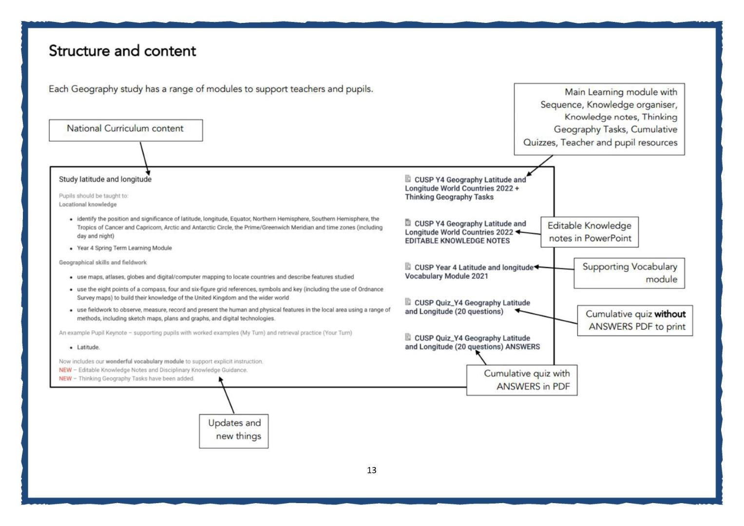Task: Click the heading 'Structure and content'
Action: tap(122, 51)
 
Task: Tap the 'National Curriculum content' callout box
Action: tap(126, 130)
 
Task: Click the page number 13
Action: tap(372, 470)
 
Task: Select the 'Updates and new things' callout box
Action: tap(234, 431)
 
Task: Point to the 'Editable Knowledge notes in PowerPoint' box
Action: tap(590, 232)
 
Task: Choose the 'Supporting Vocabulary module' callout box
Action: tap(630, 273)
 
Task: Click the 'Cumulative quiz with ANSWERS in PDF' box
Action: tap(522, 380)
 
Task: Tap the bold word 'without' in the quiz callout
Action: tap(670, 314)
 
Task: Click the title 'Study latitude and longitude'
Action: tap(105, 179)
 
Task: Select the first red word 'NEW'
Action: tap(65, 370)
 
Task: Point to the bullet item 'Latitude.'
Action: tap(88, 347)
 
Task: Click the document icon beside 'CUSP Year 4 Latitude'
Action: tap(408, 266)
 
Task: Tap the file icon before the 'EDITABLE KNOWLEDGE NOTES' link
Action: tap(408, 223)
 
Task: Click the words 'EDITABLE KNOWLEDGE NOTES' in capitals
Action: tap(457, 241)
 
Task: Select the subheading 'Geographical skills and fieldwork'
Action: tap(103, 263)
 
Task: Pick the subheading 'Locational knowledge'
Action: tap(88, 204)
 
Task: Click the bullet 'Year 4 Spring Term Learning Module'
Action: tap(124, 248)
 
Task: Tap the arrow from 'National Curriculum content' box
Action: tap(145, 158)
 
